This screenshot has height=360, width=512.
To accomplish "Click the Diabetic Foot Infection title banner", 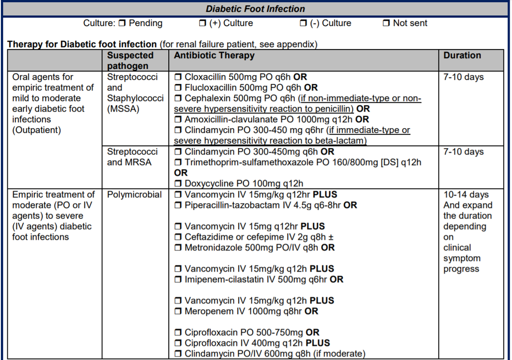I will (x=256, y=9).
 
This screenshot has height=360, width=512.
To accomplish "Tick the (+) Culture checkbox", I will (x=203, y=23).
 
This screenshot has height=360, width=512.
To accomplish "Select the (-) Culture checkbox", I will (x=304, y=23).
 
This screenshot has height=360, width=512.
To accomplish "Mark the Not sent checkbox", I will (x=386, y=23).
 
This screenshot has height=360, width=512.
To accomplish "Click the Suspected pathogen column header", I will (x=130, y=61).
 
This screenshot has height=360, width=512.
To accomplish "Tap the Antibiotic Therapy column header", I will (x=214, y=55).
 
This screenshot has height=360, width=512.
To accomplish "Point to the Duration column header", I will (x=462, y=55).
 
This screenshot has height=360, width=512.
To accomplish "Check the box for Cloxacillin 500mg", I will (x=178, y=77).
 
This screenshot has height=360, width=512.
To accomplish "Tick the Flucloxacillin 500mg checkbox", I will (x=178, y=88).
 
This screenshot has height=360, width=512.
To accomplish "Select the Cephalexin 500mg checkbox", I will (x=178, y=98).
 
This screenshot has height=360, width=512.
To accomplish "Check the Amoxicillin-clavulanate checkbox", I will (x=178, y=119).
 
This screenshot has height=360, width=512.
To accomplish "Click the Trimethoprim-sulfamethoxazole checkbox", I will (x=178, y=163).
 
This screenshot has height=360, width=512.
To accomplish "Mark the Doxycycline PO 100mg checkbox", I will (x=178, y=184).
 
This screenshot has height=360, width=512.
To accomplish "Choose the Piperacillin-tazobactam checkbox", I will (x=178, y=205).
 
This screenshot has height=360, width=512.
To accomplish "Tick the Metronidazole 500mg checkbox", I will (x=178, y=248).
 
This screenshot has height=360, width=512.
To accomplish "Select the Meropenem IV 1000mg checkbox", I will (x=178, y=311).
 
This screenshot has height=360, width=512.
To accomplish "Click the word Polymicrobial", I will (x=134, y=195).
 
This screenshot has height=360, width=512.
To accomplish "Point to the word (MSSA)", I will (x=123, y=109).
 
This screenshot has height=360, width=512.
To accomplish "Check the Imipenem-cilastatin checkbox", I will (x=178, y=279).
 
